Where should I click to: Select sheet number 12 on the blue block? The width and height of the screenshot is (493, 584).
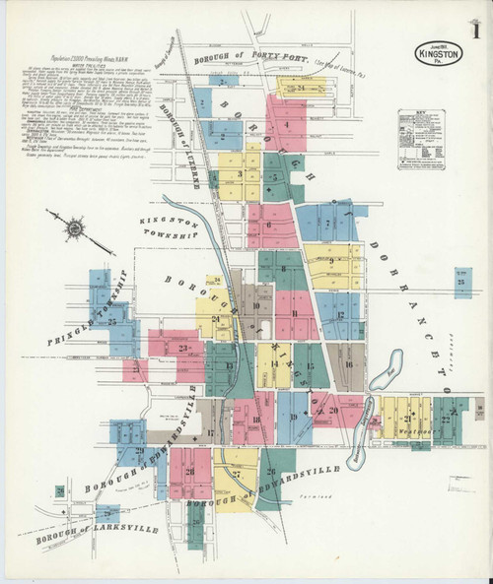340,314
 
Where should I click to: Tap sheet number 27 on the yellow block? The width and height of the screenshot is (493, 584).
238,474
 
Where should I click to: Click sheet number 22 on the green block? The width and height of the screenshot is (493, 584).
446,420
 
